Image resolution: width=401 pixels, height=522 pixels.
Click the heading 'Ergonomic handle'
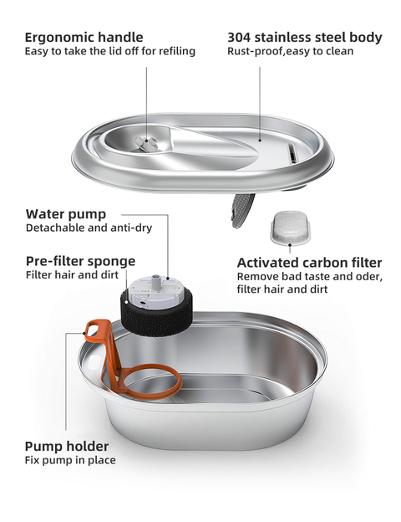(84, 37)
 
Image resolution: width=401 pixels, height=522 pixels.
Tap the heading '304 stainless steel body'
(305, 37)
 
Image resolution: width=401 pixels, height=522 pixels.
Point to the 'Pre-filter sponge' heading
(80, 260)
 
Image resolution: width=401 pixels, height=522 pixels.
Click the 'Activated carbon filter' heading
(309, 262)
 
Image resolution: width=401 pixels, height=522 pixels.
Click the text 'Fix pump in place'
(70, 460)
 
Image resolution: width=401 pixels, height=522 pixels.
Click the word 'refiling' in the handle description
(175, 52)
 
